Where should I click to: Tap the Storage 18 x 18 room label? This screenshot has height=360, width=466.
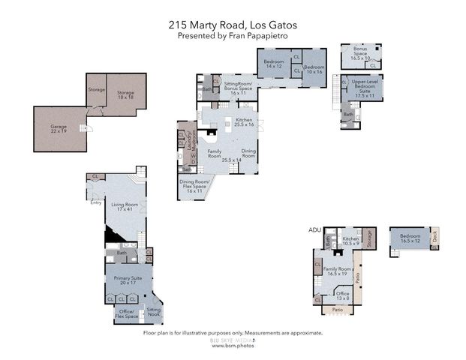125,95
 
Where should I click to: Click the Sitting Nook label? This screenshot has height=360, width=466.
154,310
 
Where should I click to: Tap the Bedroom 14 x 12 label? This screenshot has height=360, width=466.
273,65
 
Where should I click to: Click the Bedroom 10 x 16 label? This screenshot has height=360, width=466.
314,69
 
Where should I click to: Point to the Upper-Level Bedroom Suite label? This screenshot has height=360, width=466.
365,88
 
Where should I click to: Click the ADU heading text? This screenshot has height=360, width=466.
314,229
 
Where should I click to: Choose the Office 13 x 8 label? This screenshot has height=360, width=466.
342,295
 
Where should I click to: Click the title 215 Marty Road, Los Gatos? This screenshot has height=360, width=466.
233,24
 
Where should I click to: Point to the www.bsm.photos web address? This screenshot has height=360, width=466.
232,346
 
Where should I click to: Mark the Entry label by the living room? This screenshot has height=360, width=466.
95,202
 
